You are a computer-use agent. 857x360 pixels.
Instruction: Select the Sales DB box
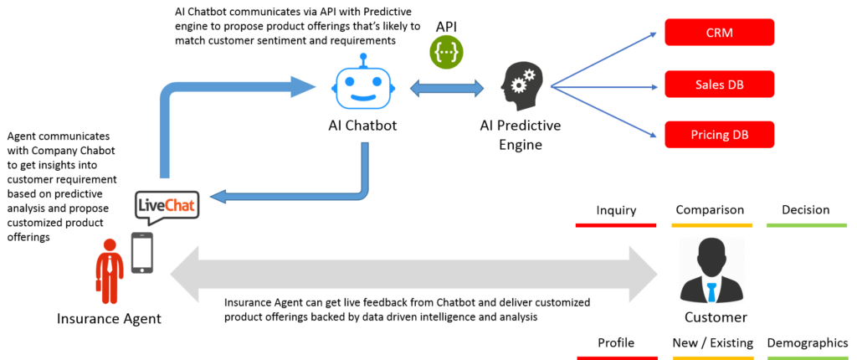click(x=720, y=85)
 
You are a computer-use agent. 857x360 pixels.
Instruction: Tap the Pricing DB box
click(x=720, y=135)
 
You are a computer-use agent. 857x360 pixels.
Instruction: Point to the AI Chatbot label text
click(x=362, y=126)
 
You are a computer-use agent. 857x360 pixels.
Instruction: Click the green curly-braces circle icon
click(x=448, y=52)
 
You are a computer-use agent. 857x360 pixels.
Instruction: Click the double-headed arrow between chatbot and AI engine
click(x=448, y=84)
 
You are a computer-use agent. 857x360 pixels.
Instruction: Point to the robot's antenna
click(x=362, y=60)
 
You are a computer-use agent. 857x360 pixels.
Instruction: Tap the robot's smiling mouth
click(x=362, y=97)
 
